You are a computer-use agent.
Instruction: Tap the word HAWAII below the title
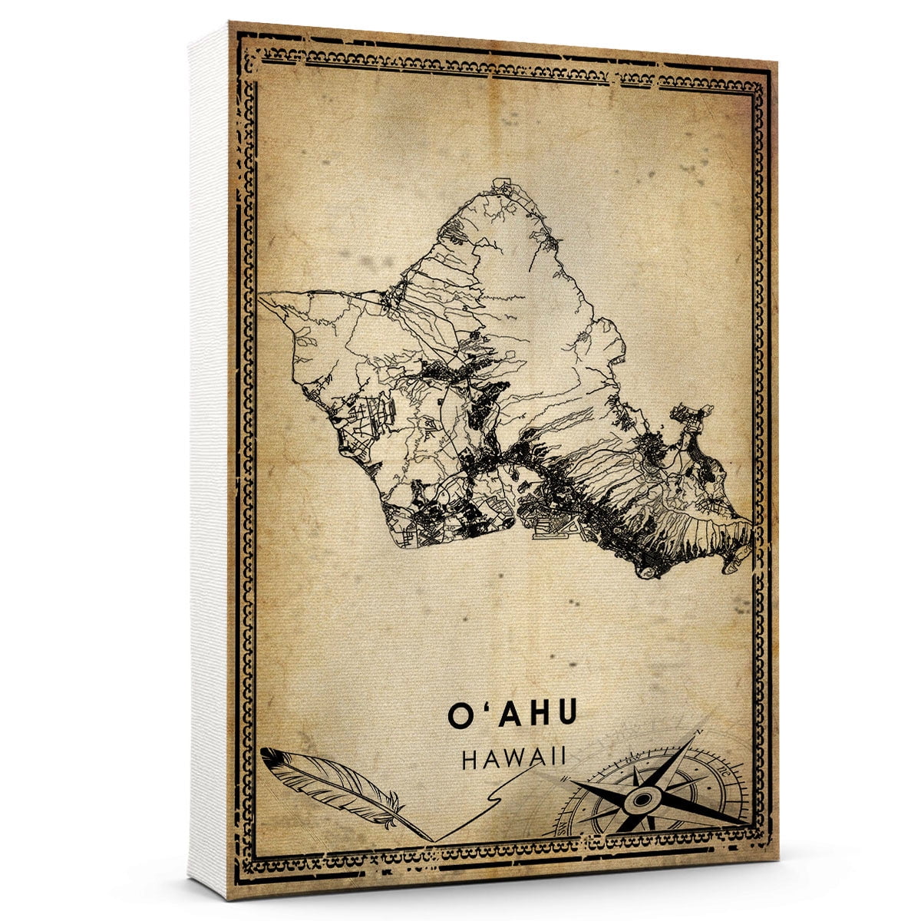pos(514,758)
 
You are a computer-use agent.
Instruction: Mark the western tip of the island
pos(259,299)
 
